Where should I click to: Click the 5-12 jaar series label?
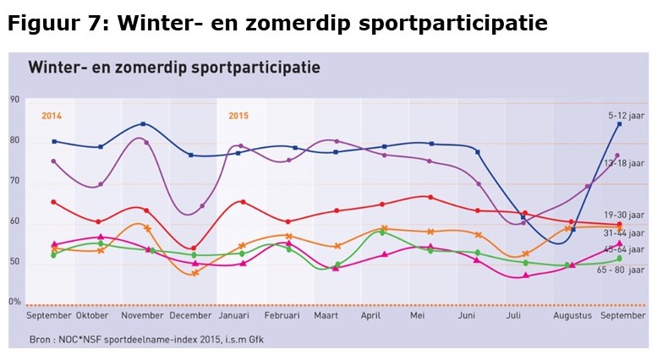click(627, 114)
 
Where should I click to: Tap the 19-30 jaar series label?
click(627, 215)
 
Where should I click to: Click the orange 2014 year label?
click(52, 117)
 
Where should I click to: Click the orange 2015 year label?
click(238, 117)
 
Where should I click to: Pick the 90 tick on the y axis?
click(14, 100)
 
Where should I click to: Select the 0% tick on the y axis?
click(14, 302)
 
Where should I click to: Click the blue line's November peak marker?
click(143, 124)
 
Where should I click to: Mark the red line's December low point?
click(194, 248)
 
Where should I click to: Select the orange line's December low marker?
click(195, 273)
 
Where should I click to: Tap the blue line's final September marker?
click(619, 124)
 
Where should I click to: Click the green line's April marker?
click(382, 232)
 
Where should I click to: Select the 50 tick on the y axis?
click(14, 262)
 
